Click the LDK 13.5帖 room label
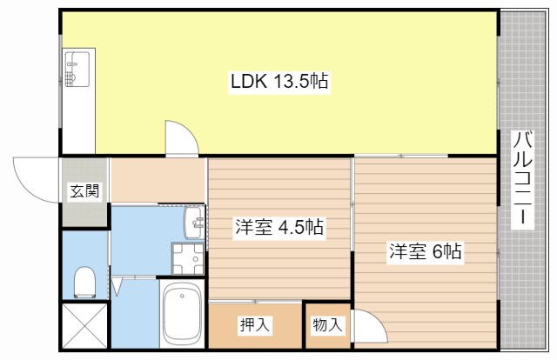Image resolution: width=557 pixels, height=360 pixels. coord(278,83)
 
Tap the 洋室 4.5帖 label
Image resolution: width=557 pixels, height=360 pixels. coord(278,229)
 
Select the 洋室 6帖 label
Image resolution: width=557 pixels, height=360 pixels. coord(425,253)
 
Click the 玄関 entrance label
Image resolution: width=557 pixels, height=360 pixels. coord(84,191)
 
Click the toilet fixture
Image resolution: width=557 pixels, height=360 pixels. coord(84,281)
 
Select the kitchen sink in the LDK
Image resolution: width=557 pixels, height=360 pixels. coord(77,68)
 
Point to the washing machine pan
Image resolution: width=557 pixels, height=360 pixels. coord(186,257)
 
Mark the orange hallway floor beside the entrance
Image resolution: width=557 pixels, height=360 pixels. coord(157,179)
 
